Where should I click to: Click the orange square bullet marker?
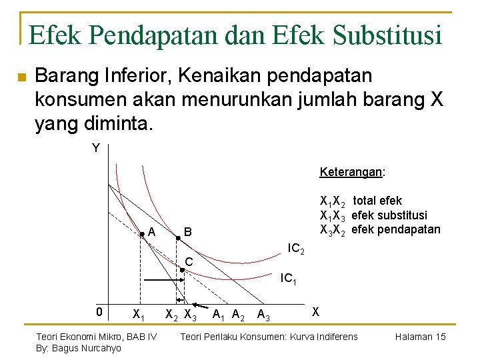pyautogui.click(x=21, y=77)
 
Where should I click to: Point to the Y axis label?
pyautogui.click(x=96, y=148)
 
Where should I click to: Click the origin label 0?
pyautogui.click(x=98, y=312)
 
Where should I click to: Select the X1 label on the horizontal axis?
pyautogui.click(x=139, y=314)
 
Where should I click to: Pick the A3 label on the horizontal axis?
pyautogui.click(x=263, y=316)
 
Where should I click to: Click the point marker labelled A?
pyautogui.click(x=141, y=234)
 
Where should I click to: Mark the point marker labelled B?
pyautogui.click(x=178, y=237)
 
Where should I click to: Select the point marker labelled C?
pyautogui.click(x=182, y=269)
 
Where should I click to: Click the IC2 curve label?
pyautogui.click(x=296, y=249)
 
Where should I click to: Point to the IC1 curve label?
pyautogui.click(x=288, y=279)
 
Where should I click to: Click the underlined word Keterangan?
pyautogui.click(x=351, y=172)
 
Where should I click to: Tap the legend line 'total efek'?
pyautogui.click(x=361, y=201)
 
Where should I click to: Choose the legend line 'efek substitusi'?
pyautogui.click(x=373, y=215)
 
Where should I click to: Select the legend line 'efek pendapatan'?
pyautogui.click(x=380, y=230)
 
